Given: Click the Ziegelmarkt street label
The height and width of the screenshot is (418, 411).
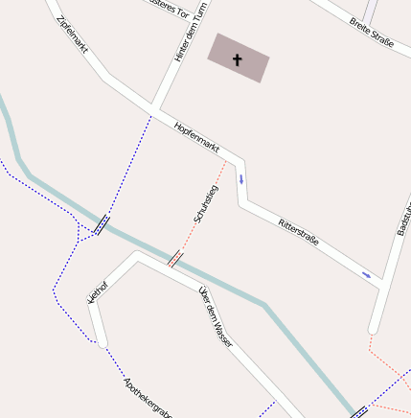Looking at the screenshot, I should click(73, 34).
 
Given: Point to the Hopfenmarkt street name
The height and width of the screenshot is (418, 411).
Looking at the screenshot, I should click(197, 138).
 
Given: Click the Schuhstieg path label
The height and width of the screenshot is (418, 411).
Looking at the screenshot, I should click(206, 204).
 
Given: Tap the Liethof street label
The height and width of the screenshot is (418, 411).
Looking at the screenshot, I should click(98, 291).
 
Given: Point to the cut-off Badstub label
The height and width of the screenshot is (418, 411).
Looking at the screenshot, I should click(403, 220).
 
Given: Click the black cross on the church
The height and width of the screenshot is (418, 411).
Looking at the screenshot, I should click(238, 59).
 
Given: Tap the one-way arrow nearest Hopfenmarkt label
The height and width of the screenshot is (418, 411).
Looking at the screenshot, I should click(241, 179).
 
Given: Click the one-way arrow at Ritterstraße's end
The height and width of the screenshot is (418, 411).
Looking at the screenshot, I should click(366, 276).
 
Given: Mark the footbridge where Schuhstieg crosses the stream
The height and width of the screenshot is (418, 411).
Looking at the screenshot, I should click(175, 258).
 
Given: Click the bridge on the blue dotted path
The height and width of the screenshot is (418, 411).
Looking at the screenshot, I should click(102, 225).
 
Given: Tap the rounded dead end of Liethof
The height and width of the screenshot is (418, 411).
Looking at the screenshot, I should click(102, 341).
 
